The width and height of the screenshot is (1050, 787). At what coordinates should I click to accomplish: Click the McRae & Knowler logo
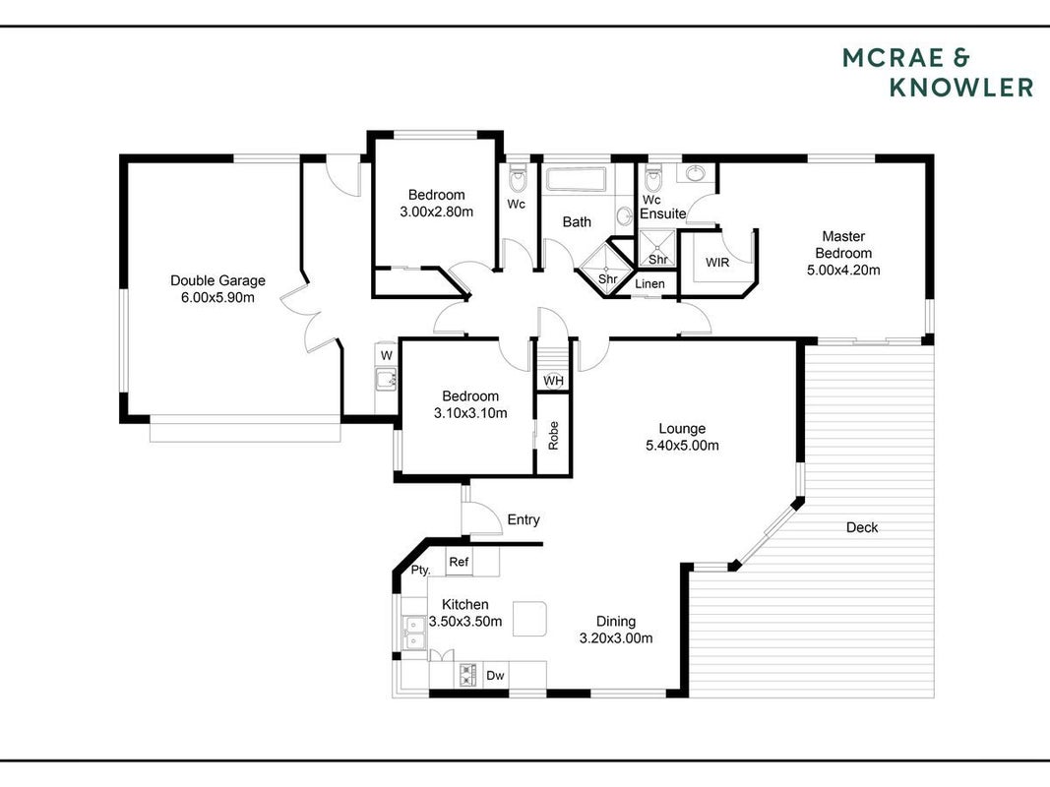[938, 73]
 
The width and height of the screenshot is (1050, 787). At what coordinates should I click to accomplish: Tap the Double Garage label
[217, 280]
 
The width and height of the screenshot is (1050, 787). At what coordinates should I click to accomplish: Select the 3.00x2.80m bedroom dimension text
[437, 212]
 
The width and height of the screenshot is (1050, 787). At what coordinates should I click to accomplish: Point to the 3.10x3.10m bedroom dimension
[470, 413]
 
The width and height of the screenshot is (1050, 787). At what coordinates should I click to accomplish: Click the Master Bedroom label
[843, 244]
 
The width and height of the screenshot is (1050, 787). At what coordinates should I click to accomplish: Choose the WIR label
[717, 263]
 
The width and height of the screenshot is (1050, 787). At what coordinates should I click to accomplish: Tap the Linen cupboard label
[649, 283]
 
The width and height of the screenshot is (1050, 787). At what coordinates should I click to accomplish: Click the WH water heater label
[553, 381]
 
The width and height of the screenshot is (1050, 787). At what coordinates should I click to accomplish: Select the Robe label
[553, 435]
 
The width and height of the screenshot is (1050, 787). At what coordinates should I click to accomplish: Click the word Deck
[862, 527]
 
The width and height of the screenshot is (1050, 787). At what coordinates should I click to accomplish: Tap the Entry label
[523, 519]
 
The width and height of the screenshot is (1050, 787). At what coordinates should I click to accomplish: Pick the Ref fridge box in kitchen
[459, 562]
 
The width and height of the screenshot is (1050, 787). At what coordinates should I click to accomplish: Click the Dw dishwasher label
[495, 675]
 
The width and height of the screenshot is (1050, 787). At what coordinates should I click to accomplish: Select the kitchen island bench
[529, 619]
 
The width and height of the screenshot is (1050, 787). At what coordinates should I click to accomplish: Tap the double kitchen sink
[414, 633]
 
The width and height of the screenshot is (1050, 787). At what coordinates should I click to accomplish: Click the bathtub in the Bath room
[577, 179]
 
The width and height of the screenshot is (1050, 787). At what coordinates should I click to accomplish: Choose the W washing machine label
[387, 355]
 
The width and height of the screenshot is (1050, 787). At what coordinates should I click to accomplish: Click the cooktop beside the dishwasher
[467, 675]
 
